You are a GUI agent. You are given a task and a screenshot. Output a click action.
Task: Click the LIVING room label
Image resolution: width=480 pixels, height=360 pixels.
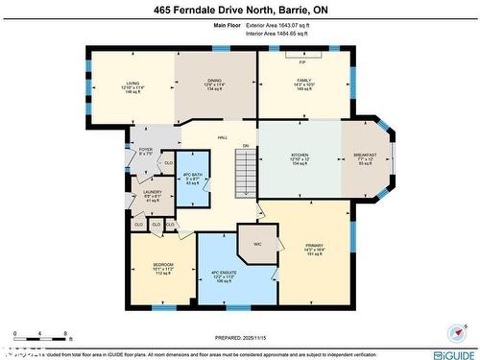click(x=132, y=84)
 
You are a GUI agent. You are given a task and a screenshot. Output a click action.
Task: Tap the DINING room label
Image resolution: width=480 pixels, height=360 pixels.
click(x=214, y=84)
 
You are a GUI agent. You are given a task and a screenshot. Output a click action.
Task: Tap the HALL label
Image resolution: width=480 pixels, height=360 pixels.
click(x=222, y=138)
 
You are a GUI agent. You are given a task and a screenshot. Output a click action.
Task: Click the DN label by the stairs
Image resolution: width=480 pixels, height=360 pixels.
click(x=246, y=146)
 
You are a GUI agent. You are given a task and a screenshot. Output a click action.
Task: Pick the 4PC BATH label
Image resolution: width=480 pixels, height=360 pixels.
click(x=192, y=173)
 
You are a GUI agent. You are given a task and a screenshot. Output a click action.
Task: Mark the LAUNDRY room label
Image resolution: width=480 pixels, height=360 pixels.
click(x=153, y=192)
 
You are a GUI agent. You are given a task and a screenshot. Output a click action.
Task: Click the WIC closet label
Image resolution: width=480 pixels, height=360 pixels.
click(x=257, y=244)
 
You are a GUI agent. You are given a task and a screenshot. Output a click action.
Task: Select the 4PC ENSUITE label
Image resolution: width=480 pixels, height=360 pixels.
click(x=223, y=276)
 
